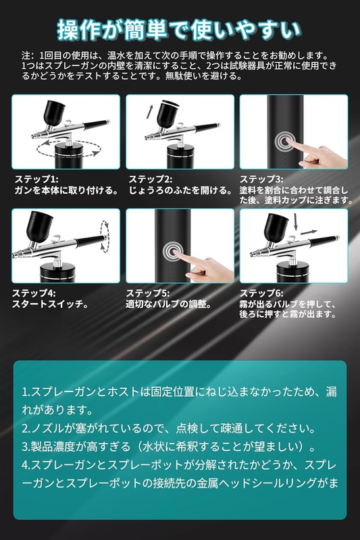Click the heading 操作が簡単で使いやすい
click(180, 30)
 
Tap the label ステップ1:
click(36, 179)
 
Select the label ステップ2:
click(150, 179)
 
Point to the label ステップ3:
click(261, 179)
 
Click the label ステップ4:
click(34, 293)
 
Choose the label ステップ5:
click(148, 293)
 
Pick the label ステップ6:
click(261, 293)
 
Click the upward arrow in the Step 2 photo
click(150, 111)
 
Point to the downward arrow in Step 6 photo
click(296, 222)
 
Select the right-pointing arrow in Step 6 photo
click(309, 232)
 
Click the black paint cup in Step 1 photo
click(54, 112)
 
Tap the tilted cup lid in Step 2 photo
click(170, 103)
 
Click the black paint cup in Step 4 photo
click(40, 225)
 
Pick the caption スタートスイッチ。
click(51, 304)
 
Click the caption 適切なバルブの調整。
click(168, 304)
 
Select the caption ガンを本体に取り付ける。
click(66, 190)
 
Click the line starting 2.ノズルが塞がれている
click(169, 429)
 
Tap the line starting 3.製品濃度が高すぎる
click(169, 447)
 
